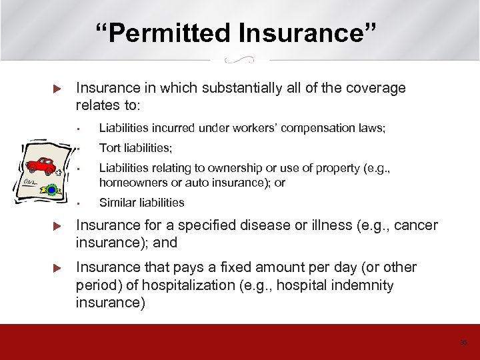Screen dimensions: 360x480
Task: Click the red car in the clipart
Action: [x=41, y=165]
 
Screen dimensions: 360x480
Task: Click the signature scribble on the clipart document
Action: [x=30, y=181]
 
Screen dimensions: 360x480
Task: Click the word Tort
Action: [x=110, y=148]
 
